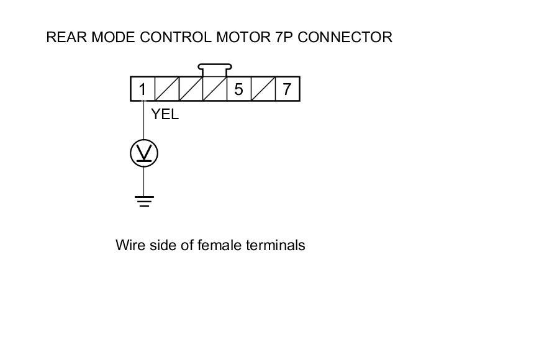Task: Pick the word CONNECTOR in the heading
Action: point(346,37)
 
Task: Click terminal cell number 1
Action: point(142,89)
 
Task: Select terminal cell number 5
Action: point(239,89)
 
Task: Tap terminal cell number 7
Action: point(287,89)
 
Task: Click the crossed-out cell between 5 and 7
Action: point(263,89)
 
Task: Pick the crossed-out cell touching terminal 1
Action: point(166,89)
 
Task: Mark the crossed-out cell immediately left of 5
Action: point(215,89)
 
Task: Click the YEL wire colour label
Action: point(165,114)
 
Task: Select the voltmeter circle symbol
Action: point(144,153)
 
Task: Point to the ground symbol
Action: point(144,200)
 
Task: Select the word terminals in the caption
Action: point(276,245)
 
